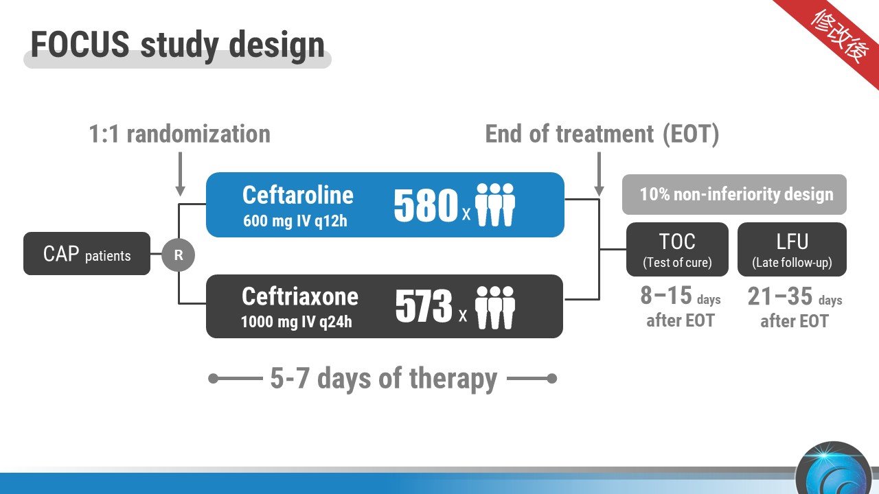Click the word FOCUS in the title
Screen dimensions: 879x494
(80, 44)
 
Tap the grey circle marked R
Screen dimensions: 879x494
(179, 255)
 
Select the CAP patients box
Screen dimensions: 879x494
(87, 253)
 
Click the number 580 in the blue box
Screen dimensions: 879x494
(426, 204)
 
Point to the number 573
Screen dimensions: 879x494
(424, 305)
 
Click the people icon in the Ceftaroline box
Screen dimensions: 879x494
(495, 204)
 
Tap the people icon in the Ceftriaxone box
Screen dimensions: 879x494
(495, 307)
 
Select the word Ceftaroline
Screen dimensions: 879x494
(298, 195)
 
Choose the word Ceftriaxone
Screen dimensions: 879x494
(300, 296)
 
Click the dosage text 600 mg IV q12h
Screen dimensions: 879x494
(295, 221)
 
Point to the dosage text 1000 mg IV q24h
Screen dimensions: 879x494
(296, 322)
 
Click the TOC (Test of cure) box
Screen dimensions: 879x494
(677, 249)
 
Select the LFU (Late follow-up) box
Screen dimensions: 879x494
(792, 249)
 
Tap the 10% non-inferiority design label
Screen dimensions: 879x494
(734, 194)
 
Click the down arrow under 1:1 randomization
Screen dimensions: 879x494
(180, 174)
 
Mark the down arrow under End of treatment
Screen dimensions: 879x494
(599, 174)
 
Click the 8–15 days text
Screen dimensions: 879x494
(681, 296)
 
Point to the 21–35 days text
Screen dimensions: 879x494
(795, 296)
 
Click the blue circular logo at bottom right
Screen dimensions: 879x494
(834, 470)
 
